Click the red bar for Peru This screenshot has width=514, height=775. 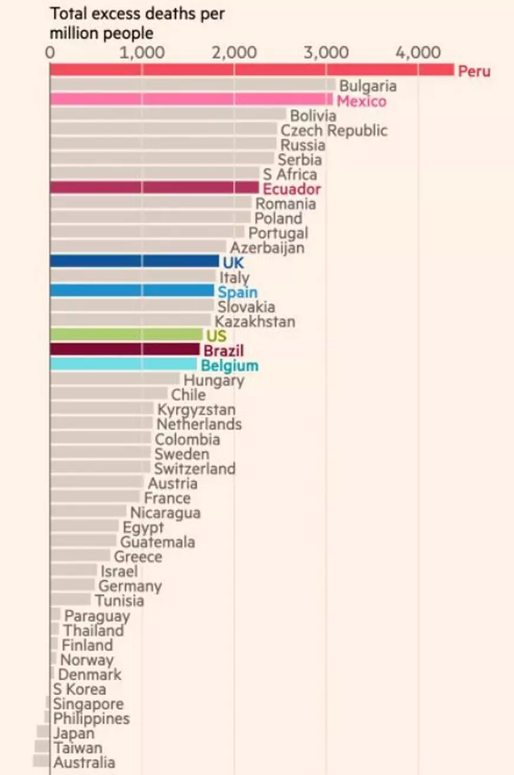(x=251, y=70)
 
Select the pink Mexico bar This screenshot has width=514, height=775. (x=191, y=100)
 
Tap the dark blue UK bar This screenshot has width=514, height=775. (x=134, y=261)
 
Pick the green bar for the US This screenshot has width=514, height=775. (x=126, y=335)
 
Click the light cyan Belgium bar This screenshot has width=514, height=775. (x=123, y=364)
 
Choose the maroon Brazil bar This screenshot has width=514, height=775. (x=125, y=349)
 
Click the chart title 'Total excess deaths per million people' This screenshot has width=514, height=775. (x=137, y=24)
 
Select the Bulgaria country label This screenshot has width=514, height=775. (x=368, y=86)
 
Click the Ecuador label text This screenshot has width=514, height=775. (x=292, y=189)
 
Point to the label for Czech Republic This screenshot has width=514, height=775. (x=334, y=131)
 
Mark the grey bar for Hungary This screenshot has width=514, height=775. (x=115, y=379)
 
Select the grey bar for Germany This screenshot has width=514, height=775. (x=72, y=585)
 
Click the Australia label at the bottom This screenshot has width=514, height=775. (x=84, y=763)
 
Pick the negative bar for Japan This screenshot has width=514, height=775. (x=43, y=732)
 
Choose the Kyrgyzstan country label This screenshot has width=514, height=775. (x=196, y=410)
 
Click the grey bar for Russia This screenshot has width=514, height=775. (x=163, y=144)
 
